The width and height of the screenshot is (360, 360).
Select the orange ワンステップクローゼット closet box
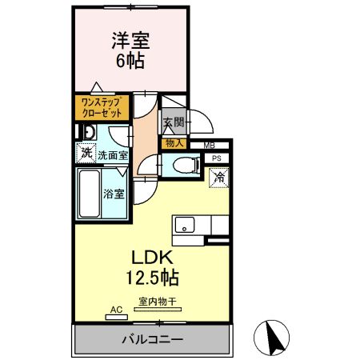point(102,107)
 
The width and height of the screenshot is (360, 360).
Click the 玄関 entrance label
point(174,122)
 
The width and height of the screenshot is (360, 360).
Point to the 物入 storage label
point(174,143)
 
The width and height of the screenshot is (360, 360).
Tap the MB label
point(208,145)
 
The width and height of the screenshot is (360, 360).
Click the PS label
point(217,158)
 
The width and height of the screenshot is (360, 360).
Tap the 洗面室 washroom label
point(113,155)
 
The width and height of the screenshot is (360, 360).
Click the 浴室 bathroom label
point(114,194)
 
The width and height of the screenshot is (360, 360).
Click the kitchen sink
point(186,224)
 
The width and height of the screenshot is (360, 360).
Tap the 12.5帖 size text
point(150,278)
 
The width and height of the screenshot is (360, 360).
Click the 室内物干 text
point(157,301)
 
